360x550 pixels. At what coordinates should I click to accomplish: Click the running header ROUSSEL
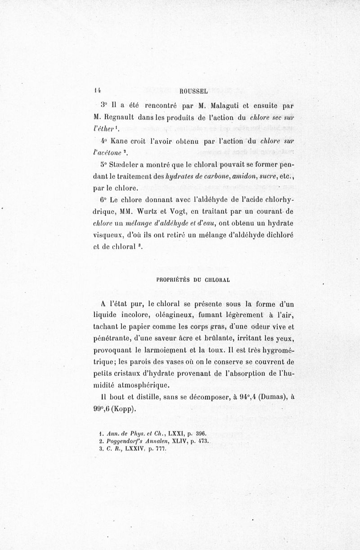tap(193, 91)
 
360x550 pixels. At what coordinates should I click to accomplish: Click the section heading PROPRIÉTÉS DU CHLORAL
tap(193, 279)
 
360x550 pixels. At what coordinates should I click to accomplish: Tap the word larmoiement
tap(162, 349)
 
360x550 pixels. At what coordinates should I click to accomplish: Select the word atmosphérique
tap(148, 384)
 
